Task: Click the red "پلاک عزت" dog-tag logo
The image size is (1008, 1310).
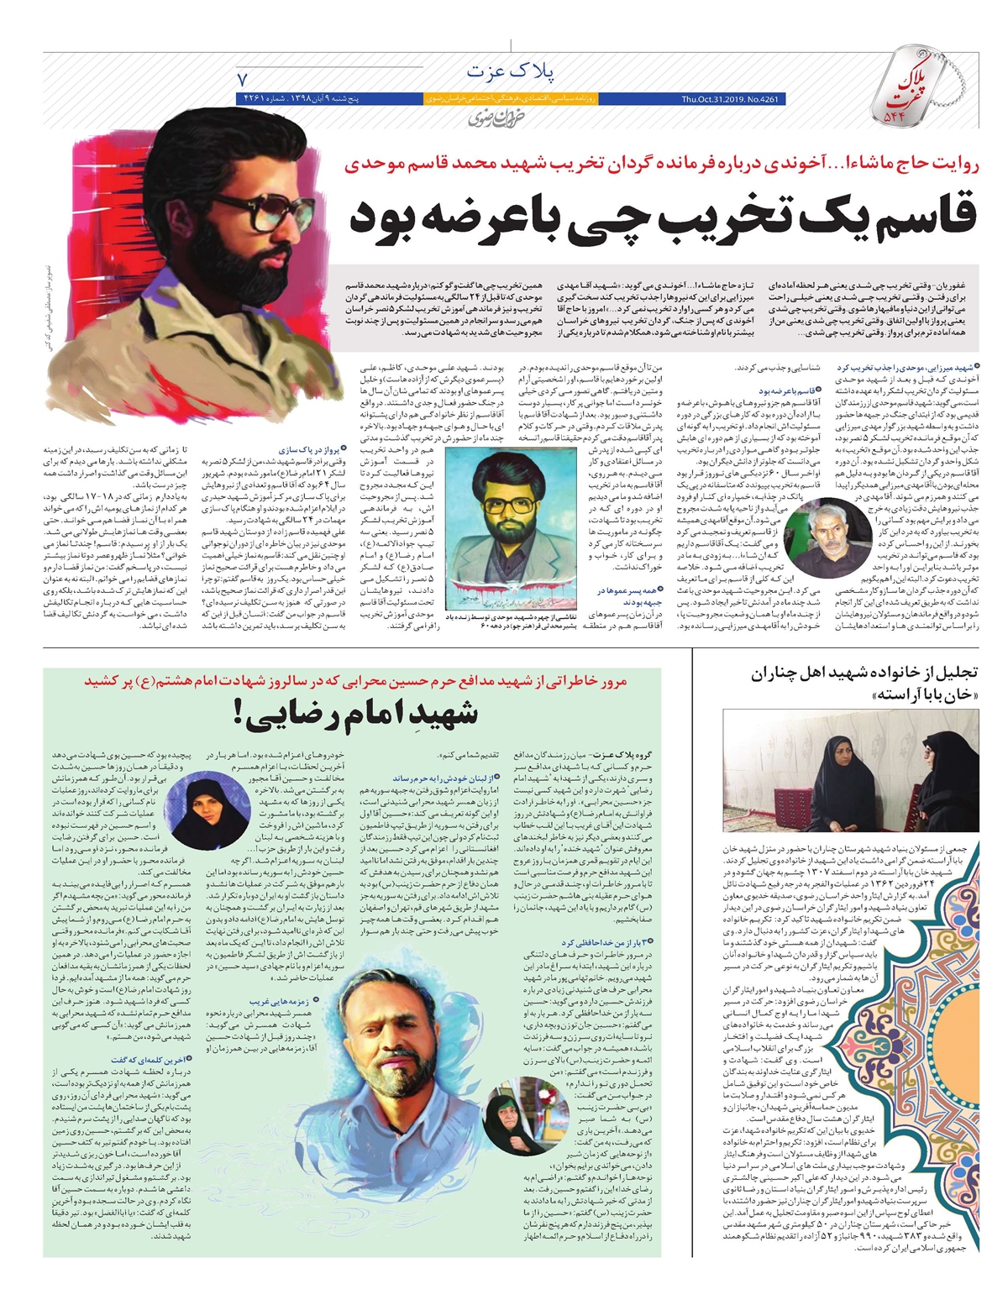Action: (914, 90)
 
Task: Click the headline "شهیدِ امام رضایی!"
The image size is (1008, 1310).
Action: (357, 713)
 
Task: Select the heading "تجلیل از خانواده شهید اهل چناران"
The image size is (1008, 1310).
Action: (865, 673)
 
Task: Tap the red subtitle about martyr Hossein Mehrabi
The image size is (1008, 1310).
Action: (353, 682)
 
